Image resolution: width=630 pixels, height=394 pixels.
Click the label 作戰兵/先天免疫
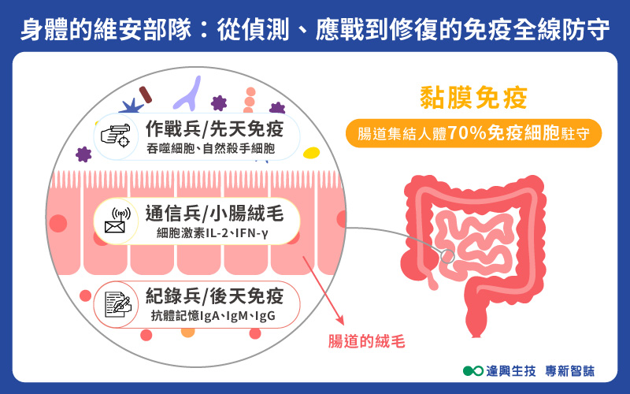(213, 128)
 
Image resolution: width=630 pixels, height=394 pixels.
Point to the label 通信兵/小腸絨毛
(213, 214)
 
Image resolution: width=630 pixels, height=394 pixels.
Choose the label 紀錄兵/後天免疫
(213, 297)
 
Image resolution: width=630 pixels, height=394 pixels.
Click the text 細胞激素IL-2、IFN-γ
(213, 233)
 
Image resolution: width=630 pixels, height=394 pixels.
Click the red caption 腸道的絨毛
(367, 342)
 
